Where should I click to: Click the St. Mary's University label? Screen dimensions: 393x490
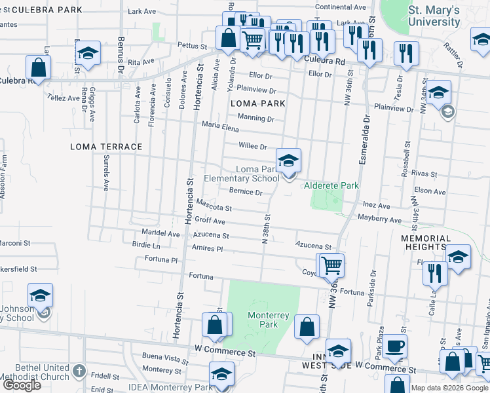pyautogui.click(x=434, y=16)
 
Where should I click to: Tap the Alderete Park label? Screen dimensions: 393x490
pyautogui.click(x=331, y=186)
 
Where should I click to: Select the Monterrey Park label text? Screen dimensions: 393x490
pyautogui.click(x=268, y=320)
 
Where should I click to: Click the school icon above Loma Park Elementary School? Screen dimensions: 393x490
pyautogui.click(x=288, y=160)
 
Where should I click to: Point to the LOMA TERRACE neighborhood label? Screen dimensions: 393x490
pyautogui.click(x=106, y=147)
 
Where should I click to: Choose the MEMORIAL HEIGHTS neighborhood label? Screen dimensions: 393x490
pyautogui.click(x=426, y=243)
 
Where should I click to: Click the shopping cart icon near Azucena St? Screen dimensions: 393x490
pyautogui.click(x=332, y=265)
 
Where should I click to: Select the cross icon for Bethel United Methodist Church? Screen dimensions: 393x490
pyautogui.click(x=79, y=371)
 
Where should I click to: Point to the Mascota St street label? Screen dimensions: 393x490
pyautogui.click(x=214, y=205)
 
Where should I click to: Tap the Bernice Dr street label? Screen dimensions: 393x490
pyautogui.click(x=246, y=193)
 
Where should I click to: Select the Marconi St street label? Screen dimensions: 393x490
pyautogui.click(x=15, y=243)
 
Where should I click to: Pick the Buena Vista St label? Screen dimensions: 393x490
pyautogui.click(x=165, y=358)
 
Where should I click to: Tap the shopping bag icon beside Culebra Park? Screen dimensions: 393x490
pyautogui.click(x=39, y=67)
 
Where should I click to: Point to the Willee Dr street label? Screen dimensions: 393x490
pyautogui.click(x=254, y=147)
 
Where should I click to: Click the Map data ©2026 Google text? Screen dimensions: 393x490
pyautogui.click(x=449, y=388)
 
